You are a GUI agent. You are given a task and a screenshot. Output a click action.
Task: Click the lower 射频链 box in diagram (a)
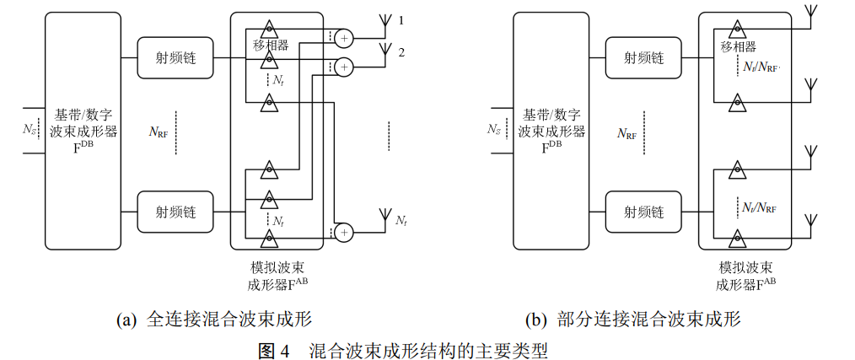[176, 212]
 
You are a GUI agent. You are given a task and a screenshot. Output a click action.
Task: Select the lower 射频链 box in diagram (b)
[644, 212]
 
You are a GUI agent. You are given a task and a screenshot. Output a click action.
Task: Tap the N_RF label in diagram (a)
[160, 132]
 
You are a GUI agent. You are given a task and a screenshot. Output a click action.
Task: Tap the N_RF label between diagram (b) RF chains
[626, 133]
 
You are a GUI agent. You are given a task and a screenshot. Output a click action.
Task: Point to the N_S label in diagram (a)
[30, 130]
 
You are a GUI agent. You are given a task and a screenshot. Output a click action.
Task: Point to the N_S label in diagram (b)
[494, 130]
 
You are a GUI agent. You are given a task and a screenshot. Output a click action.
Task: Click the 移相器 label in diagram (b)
[739, 46]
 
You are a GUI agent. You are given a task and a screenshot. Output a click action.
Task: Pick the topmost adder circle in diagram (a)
[344, 37]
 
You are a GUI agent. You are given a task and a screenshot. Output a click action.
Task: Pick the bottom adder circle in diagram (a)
[344, 230]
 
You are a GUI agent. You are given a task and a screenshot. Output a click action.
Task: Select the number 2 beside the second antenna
[401, 52]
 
